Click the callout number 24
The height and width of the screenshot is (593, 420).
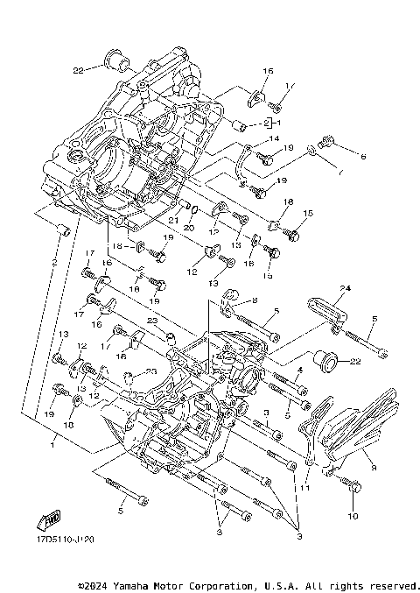345,288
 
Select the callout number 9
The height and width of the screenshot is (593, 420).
374,469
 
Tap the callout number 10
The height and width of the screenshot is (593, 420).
353,517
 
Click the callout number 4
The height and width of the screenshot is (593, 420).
298,371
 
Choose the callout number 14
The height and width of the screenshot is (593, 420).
274,138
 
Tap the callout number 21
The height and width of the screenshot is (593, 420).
173,221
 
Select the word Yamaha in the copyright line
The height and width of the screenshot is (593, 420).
131,585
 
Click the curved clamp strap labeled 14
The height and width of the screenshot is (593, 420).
244,161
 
